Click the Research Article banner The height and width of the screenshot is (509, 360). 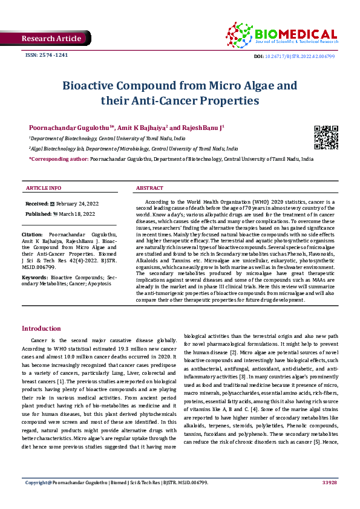click(51, 39)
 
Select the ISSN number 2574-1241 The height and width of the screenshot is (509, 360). click(46, 56)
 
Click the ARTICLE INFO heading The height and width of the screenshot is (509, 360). click(43, 188)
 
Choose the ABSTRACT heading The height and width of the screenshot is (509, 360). click(150, 188)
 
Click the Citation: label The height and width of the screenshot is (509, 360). click(32, 233)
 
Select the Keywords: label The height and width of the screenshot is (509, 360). click(34, 277)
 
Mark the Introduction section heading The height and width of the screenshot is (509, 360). click(41, 328)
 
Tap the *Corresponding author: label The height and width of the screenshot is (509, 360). click(58, 158)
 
